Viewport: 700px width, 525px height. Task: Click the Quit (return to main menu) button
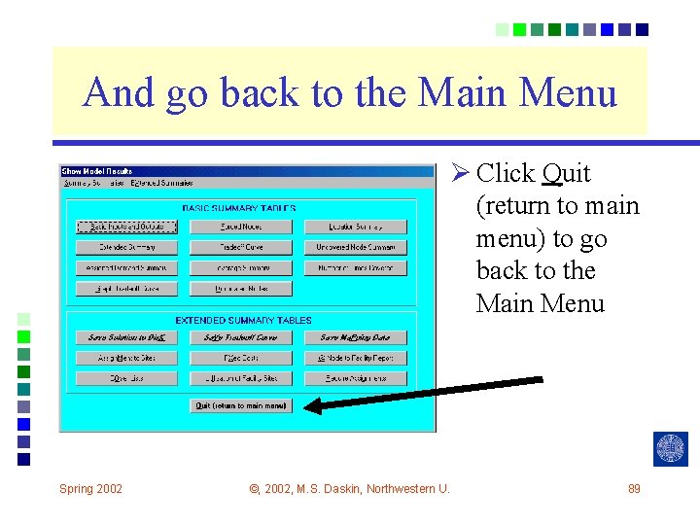point(241,405)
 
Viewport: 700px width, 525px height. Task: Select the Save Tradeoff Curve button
point(241,337)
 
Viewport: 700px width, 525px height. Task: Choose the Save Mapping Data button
point(355,337)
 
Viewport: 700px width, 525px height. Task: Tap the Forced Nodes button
point(241,227)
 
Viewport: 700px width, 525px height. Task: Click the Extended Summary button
point(126,247)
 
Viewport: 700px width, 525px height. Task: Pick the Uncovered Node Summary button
point(355,247)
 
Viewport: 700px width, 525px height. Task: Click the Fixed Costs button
point(241,358)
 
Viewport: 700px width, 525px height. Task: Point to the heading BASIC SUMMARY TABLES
point(239,208)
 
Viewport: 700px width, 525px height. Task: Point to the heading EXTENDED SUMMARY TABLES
point(243,320)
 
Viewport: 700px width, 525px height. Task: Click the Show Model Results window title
point(97,171)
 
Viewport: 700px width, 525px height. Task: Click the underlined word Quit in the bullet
point(566,174)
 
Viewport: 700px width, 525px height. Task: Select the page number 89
point(634,488)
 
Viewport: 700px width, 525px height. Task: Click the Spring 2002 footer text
point(90,488)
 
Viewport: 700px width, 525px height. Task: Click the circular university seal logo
point(671,448)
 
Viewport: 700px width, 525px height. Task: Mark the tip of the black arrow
point(307,406)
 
